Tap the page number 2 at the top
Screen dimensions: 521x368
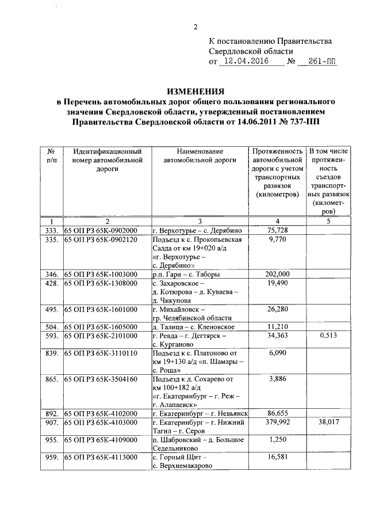tap(195, 27)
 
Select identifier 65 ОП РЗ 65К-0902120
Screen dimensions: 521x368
tap(101, 239)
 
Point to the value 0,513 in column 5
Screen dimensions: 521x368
tap(326, 335)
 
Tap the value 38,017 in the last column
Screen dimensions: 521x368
tap(326, 422)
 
